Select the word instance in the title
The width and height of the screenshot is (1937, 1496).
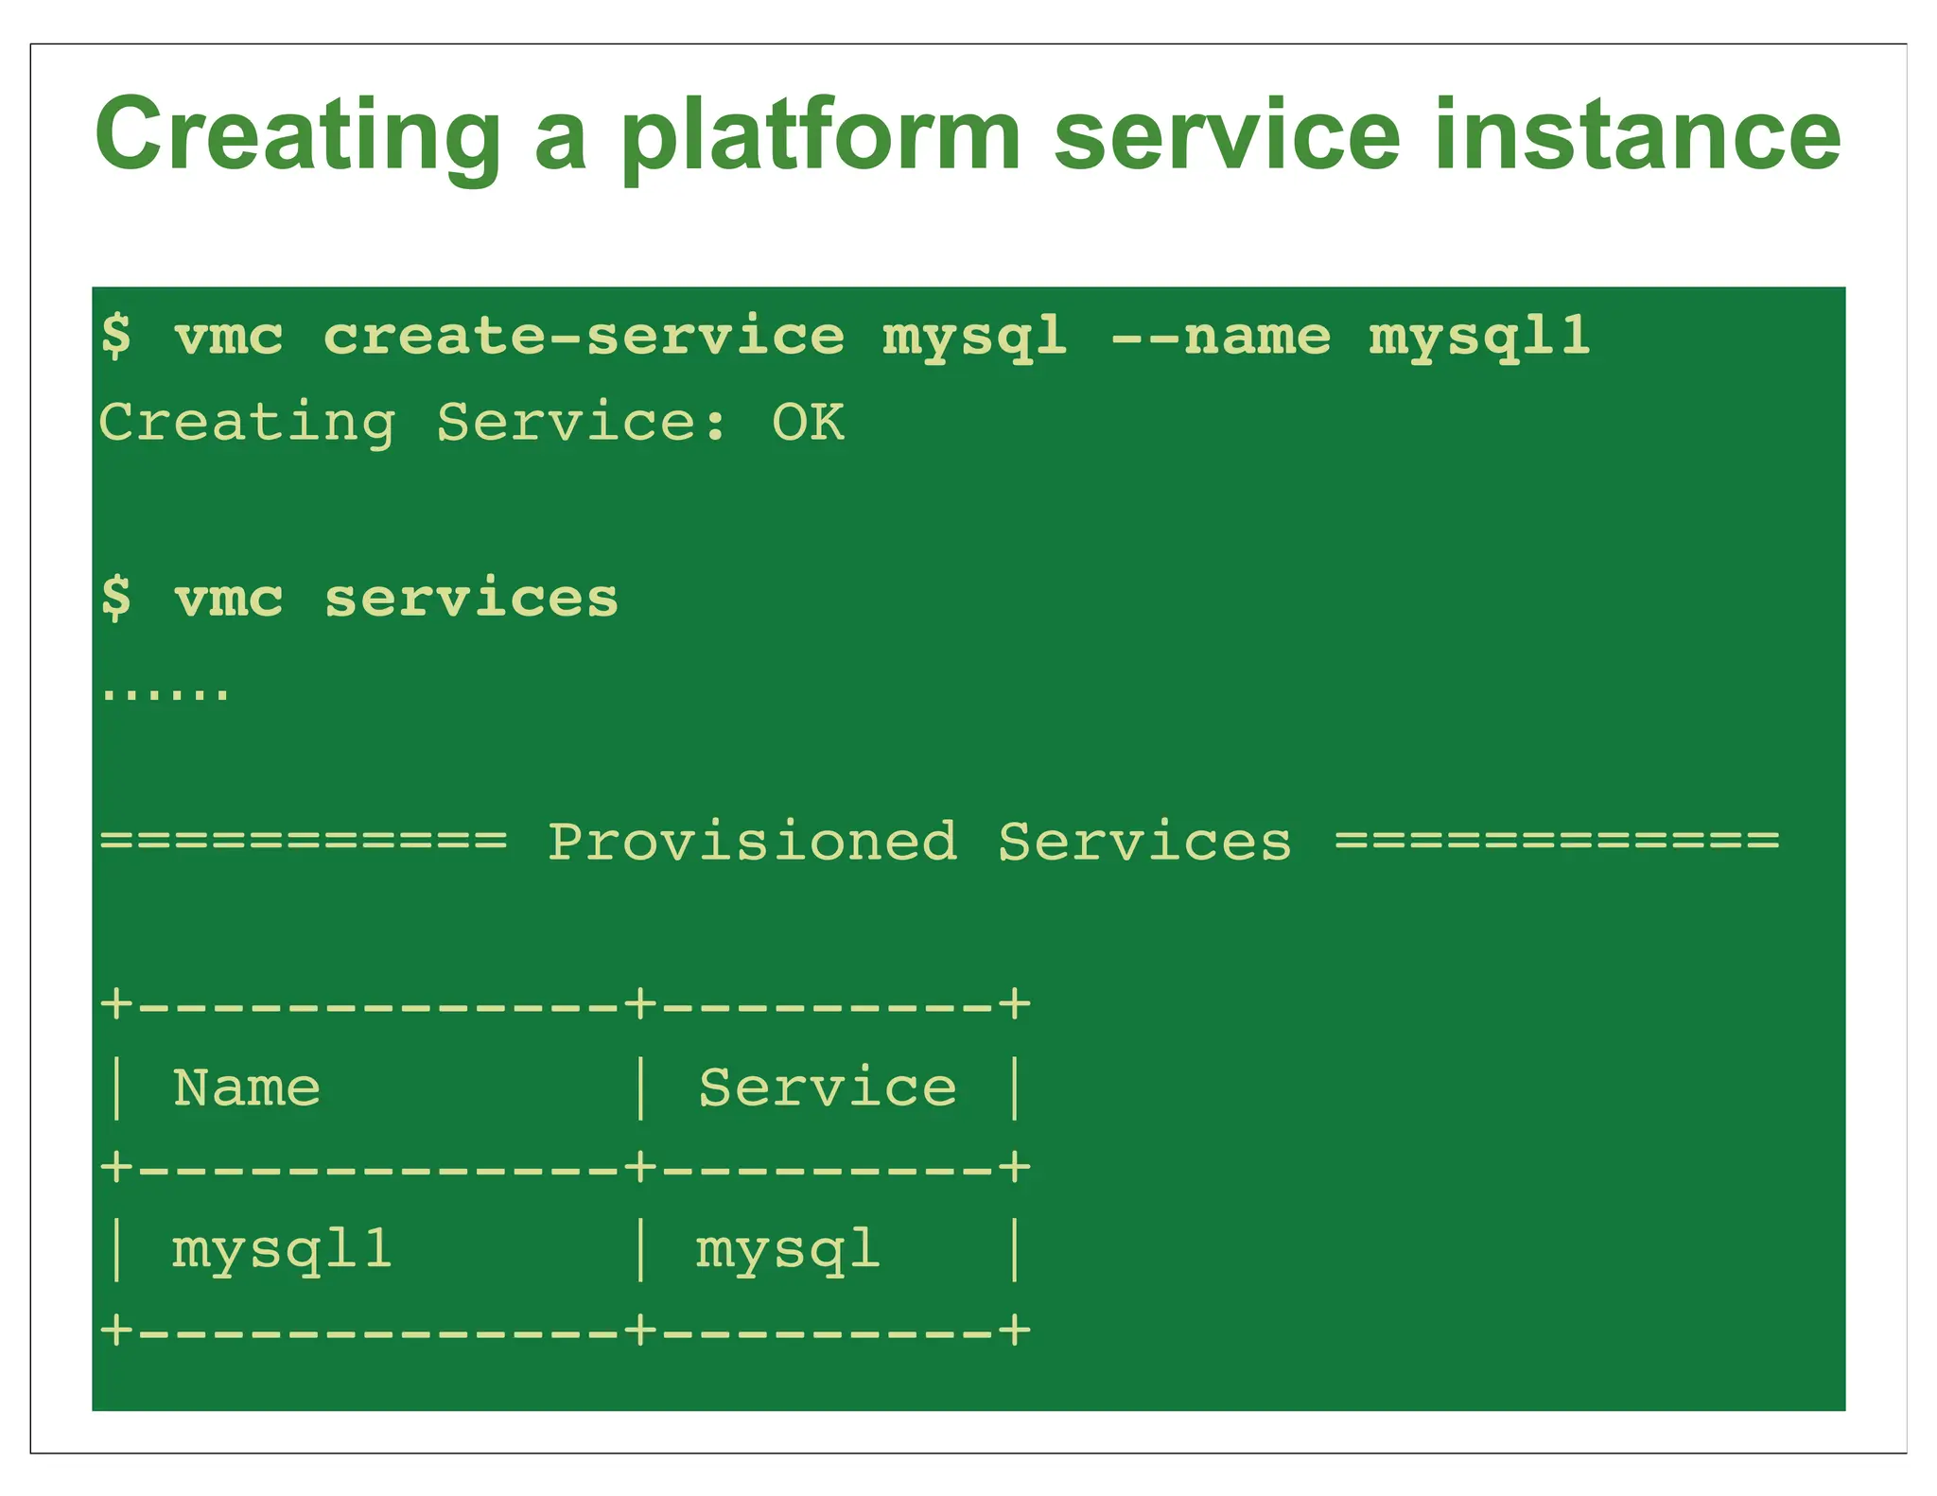click(x=1637, y=135)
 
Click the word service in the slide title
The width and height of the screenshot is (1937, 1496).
click(x=1227, y=135)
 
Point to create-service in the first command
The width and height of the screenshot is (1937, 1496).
click(x=584, y=337)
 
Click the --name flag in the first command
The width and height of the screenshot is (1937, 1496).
click(x=1220, y=337)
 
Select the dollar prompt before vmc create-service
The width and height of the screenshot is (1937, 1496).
click(x=116, y=337)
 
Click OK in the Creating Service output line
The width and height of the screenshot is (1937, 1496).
click(x=808, y=422)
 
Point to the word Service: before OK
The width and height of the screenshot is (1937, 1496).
click(x=581, y=422)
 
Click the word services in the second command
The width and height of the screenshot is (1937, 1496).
click(x=471, y=599)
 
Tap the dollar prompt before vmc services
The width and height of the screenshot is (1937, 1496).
click(x=116, y=599)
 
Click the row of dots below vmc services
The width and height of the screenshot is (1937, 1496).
click(x=165, y=694)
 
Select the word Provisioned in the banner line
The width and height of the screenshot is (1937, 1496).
click(x=752, y=842)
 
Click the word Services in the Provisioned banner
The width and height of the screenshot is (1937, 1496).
click(x=1144, y=842)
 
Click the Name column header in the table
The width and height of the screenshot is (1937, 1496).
click(x=246, y=1087)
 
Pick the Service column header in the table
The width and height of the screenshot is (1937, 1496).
click(x=828, y=1087)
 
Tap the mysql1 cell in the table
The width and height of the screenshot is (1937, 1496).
click(x=281, y=1250)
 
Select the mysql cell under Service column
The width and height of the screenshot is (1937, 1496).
click(x=787, y=1250)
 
